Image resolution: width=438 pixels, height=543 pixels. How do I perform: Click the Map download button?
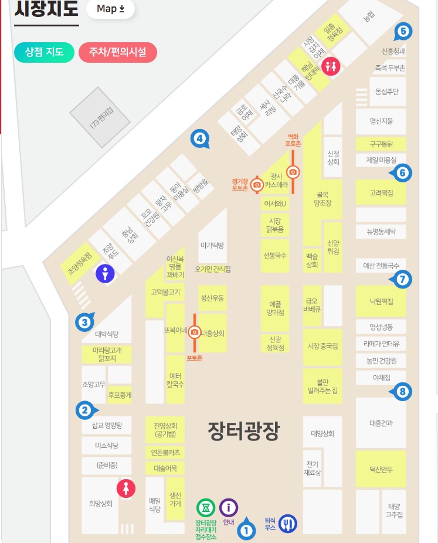click(110, 9)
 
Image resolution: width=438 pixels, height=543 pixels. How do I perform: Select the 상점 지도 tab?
click(44, 52)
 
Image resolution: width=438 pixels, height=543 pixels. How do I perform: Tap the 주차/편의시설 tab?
click(117, 52)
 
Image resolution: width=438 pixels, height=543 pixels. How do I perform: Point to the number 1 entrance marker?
click(246, 531)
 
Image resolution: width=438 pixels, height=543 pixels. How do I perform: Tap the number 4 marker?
click(199, 139)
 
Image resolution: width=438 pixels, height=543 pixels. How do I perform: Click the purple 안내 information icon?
click(229, 507)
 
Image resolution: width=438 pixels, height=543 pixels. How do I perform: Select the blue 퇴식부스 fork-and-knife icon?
click(288, 523)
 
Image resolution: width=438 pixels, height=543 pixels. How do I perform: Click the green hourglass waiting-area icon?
click(206, 507)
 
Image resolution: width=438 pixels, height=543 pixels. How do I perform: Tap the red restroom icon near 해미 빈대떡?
click(331, 65)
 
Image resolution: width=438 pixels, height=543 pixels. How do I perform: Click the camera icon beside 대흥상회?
click(194, 332)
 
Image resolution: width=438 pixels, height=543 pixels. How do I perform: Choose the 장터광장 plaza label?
click(243, 431)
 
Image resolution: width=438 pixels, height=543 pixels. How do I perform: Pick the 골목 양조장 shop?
click(323, 199)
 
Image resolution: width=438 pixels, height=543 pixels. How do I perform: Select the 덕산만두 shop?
click(381, 470)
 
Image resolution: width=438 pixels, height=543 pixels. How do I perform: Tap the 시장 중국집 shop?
click(322, 346)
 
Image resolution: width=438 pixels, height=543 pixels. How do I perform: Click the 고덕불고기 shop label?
click(165, 291)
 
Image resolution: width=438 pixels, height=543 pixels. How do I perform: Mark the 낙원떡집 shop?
click(381, 301)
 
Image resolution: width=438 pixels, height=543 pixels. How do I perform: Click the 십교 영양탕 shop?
click(107, 426)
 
